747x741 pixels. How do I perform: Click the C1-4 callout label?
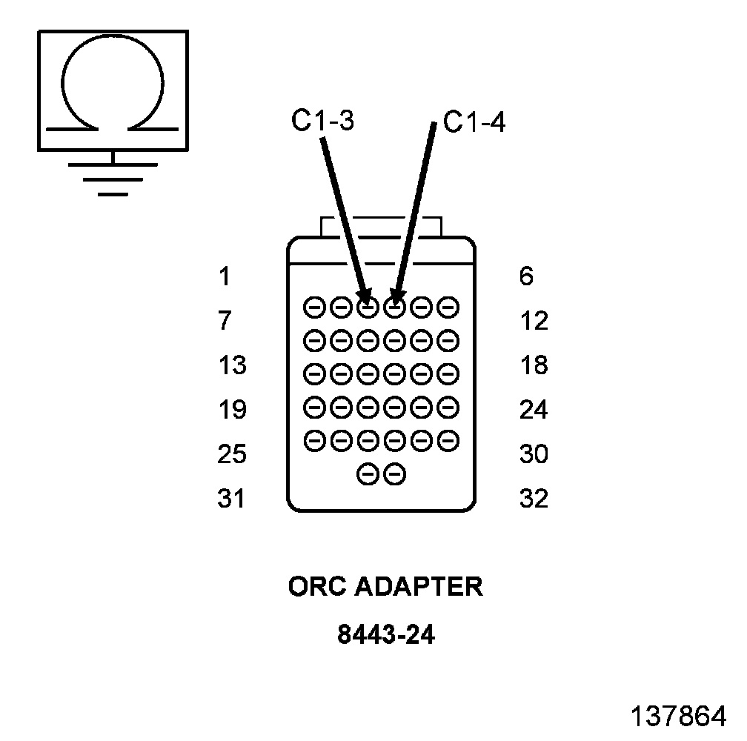pos(474,122)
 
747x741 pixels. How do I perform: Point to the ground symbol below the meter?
pos(113,178)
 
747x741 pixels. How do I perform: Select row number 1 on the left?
pos(224,277)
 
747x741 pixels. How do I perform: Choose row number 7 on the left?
pos(224,322)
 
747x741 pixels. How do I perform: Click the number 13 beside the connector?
pos(231,365)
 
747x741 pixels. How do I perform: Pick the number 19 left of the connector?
pos(231,410)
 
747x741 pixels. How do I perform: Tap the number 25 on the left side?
pos(231,453)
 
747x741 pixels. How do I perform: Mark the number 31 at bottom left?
pos(230,499)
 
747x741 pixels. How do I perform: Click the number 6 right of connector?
pos(526,277)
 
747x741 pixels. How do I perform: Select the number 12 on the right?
pos(534,322)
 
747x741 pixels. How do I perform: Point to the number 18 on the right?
pos(534,365)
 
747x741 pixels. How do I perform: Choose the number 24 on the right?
pos(534,410)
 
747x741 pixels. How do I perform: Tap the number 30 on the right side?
pos(534,453)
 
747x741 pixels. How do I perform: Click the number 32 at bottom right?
pos(534,499)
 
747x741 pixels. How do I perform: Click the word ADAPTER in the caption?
pos(419,587)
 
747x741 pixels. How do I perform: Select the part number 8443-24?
pos(385,635)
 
